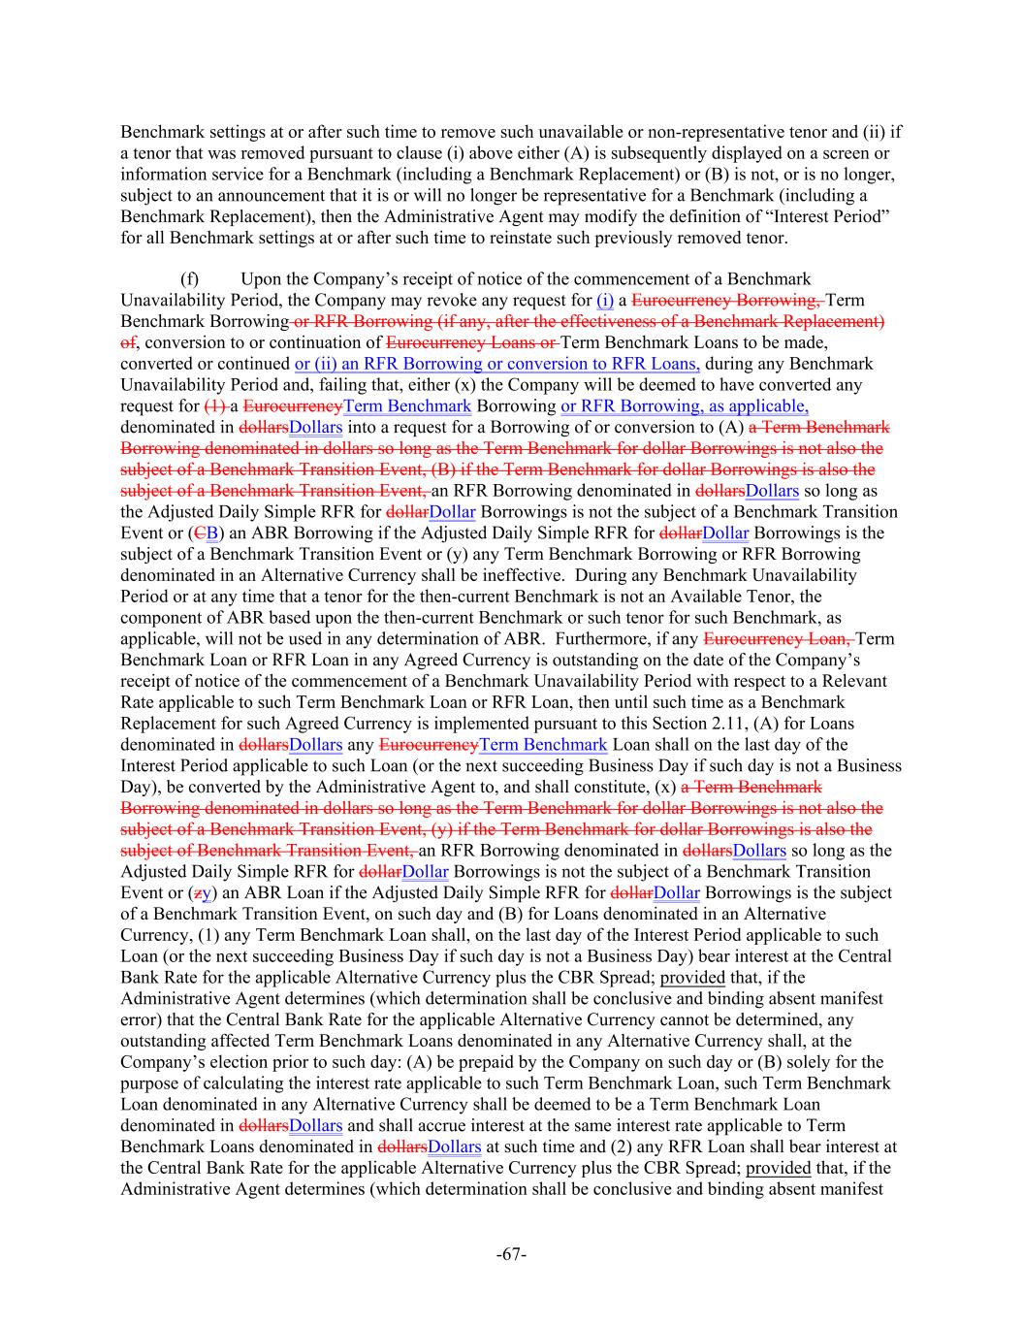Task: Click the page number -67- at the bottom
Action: [511, 1254]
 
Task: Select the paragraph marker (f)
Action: [191, 279]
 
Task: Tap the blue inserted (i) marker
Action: [605, 301]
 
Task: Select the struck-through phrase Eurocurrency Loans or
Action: [472, 342]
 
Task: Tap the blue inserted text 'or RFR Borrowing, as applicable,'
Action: [685, 406]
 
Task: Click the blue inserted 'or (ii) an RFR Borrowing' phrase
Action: [388, 364]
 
